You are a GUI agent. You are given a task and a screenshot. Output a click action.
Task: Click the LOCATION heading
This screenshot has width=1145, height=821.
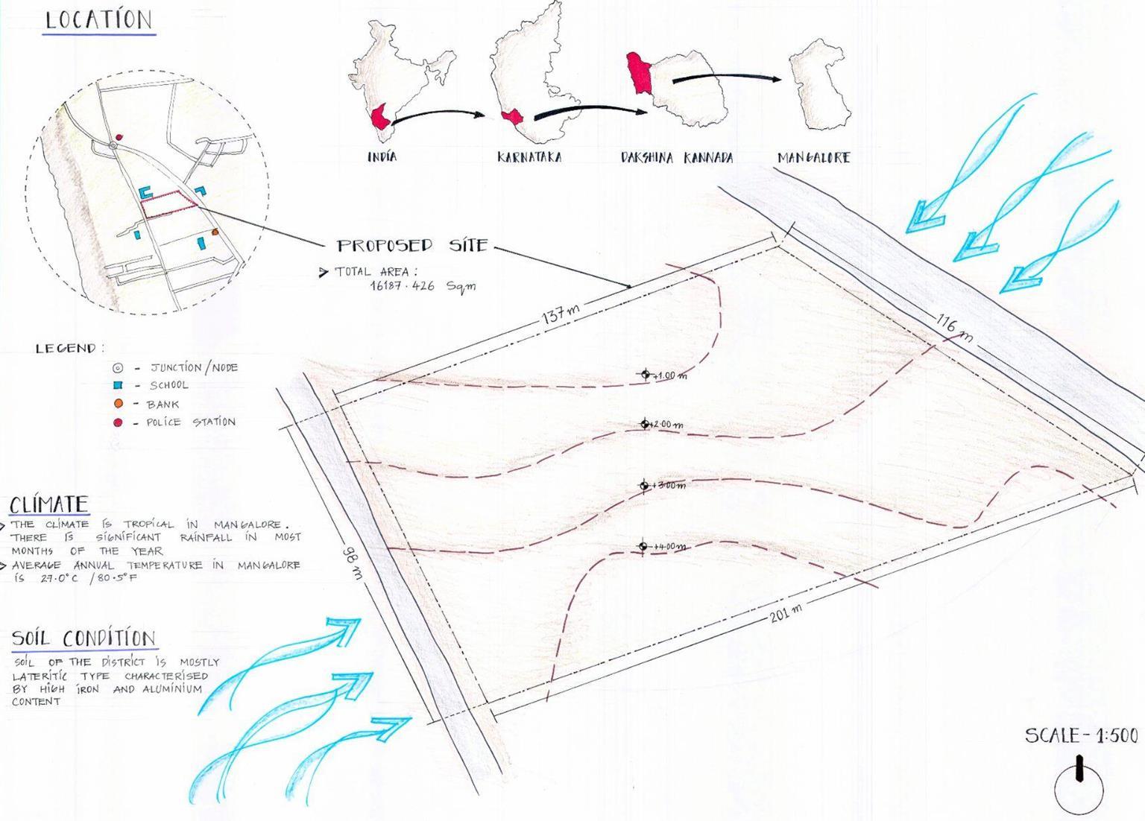click(x=98, y=20)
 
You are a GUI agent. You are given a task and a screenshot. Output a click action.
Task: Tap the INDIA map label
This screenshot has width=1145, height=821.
click(x=382, y=157)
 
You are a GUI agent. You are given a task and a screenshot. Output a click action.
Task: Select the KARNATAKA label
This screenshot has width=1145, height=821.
click(x=529, y=157)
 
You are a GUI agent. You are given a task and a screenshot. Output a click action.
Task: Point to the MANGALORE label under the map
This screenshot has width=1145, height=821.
click(x=813, y=157)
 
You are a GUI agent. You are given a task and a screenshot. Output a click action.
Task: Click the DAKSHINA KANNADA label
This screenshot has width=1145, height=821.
click(x=677, y=158)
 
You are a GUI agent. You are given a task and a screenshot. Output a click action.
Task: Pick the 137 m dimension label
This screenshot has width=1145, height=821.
click(x=561, y=314)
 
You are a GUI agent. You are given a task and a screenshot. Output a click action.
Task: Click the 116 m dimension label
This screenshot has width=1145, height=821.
click(x=955, y=329)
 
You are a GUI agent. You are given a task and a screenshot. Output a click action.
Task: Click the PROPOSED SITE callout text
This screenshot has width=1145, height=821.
click(x=412, y=246)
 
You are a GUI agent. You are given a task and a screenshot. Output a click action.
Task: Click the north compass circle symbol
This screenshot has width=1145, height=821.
click(x=1079, y=787)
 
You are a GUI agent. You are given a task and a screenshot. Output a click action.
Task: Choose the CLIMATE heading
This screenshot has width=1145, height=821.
click(x=49, y=505)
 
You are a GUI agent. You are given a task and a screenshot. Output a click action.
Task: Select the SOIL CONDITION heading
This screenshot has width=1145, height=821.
click(x=83, y=638)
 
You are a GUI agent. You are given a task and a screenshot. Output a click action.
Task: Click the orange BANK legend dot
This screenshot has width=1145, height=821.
click(x=118, y=404)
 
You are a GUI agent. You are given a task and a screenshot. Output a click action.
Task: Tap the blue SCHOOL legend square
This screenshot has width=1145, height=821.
click(x=117, y=385)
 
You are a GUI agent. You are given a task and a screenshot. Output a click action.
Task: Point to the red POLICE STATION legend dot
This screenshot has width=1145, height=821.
click(x=118, y=422)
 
